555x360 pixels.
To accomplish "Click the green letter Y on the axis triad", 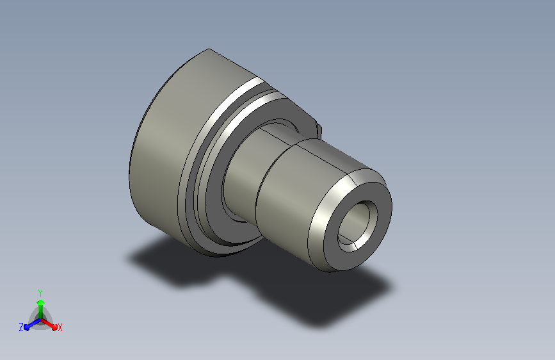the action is click(40, 293).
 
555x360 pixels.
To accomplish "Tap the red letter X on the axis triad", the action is click(60, 327).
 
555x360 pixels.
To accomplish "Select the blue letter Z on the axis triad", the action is click(21, 327).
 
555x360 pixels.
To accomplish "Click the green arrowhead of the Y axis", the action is click(41, 302).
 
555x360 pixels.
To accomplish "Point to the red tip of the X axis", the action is click(54, 327).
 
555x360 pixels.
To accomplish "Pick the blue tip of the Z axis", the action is click(27, 327).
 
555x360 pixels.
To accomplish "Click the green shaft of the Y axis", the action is click(41, 312).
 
